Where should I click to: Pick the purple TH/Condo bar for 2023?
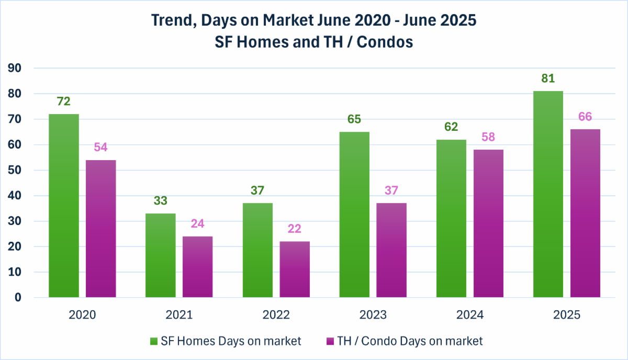391,250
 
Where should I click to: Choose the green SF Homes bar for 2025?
548,194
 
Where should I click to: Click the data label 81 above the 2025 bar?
548,78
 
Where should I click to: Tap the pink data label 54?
101,147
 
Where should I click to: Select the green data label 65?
354,119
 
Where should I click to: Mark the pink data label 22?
295,229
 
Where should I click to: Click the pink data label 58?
488,137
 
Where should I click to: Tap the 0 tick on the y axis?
18,298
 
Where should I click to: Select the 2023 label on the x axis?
373,315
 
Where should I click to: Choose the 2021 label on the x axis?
179,315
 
